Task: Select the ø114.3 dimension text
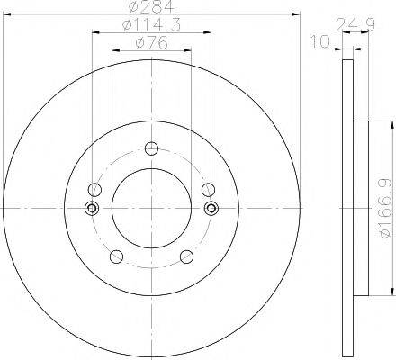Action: point(151,26)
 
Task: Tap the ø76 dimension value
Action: point(151,42)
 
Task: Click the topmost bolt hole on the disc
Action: point(151,148)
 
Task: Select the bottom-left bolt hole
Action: point(114,256)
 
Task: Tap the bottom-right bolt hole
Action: point(187,256)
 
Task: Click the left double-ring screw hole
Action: point(92,209)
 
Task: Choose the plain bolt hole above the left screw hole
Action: point(94,189)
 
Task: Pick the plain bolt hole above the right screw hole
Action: point(209,189)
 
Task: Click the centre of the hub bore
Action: point(151,209)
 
